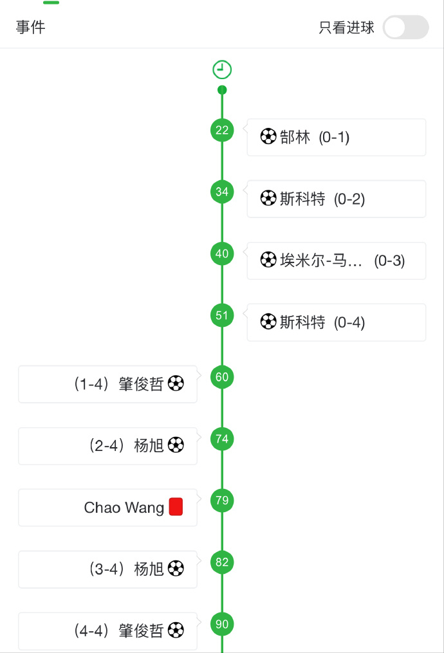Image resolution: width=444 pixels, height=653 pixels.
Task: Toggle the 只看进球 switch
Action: point(405,28)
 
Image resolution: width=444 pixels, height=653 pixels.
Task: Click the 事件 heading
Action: point(30,28)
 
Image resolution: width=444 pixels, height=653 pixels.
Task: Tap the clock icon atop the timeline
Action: point(222,69)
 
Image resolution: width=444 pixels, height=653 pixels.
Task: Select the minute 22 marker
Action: point(222,131)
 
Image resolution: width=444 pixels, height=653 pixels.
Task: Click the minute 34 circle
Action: point(222,192)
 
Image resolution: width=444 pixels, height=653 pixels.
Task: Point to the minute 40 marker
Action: point(222,253)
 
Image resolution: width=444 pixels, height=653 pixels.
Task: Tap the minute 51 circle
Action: point(222,315)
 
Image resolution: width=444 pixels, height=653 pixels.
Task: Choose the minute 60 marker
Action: point(222,377)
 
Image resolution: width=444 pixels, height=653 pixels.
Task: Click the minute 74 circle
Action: point(222,439)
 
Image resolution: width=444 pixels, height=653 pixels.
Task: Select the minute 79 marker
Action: point(222,501)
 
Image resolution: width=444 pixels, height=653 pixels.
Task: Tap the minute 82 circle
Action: point(222,562)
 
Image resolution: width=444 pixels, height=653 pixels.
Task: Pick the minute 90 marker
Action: point(222,624)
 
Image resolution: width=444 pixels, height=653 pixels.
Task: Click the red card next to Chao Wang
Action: point(176,507)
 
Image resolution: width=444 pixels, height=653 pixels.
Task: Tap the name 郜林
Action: point(295,137)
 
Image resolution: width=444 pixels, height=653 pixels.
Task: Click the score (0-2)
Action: point(349,199)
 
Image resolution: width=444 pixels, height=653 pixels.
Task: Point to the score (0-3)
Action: point(389,261)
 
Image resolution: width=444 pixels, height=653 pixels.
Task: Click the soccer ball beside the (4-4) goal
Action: point(176,630)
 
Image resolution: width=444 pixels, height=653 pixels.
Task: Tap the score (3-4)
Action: point(106,569)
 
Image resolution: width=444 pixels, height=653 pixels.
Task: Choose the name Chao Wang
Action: point(124,508)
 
